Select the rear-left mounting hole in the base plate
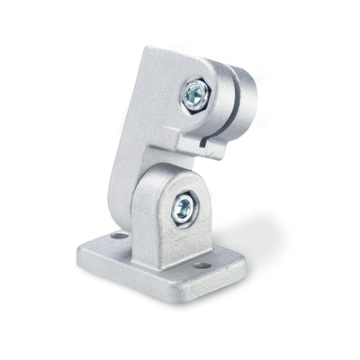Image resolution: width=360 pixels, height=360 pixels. (118, 235)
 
